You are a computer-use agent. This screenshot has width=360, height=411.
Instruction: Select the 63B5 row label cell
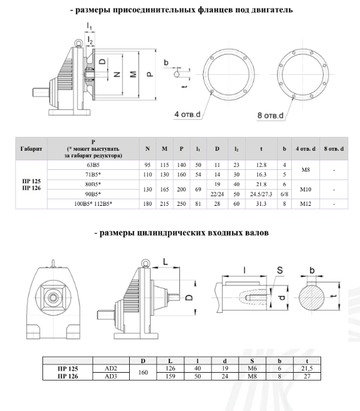coord(94,164)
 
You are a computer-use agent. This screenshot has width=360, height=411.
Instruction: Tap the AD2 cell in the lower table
coord(111,369)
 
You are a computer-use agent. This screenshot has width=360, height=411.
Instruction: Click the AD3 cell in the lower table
coord(111,377)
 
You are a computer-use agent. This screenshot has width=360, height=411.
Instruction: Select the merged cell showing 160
coord(142,373)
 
